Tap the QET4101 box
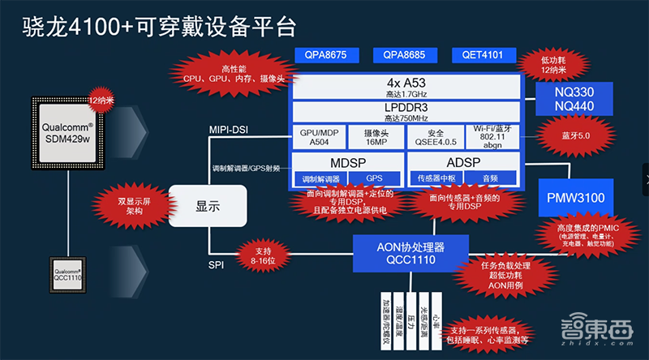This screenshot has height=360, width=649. tap(484, 56)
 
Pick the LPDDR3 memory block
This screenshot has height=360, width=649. tap(405, 112)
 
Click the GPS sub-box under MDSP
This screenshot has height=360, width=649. tap(374, 178)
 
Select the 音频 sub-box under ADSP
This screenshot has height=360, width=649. tap(490, 178)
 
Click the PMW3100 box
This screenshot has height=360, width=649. tap(578, 197)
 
